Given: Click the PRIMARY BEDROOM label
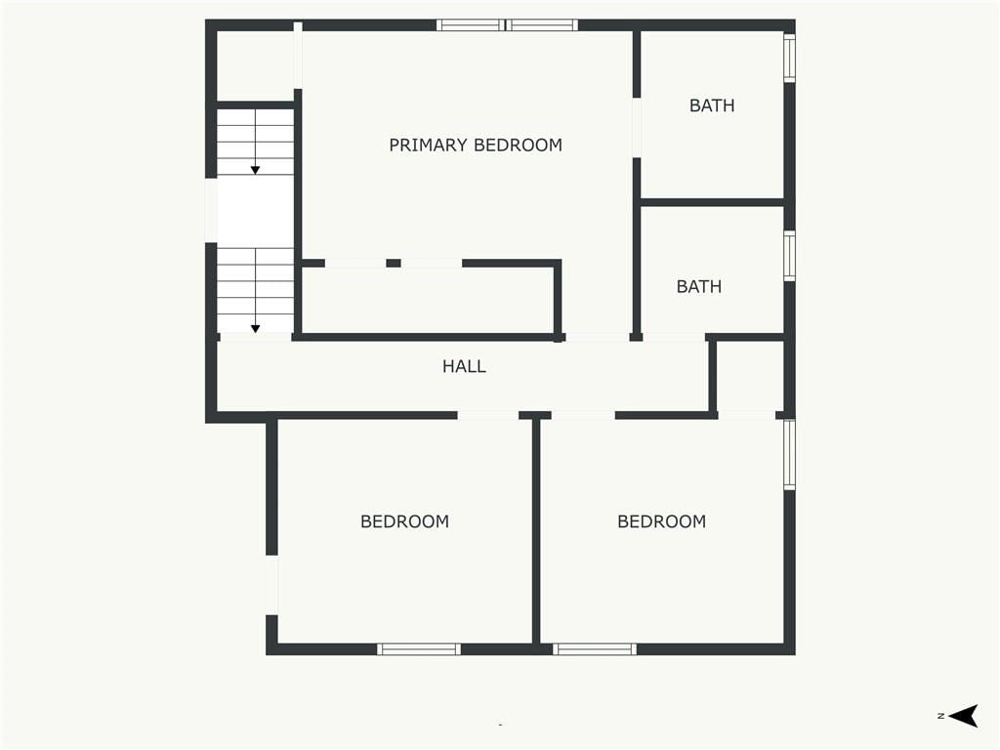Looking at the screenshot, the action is pos(476,146).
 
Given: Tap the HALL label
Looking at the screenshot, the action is pos(464,366).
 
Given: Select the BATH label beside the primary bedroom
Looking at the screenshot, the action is pos(712,105).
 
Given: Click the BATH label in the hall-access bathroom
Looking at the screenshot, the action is pos(699,286).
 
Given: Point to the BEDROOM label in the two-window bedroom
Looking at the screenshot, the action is pos(662,521).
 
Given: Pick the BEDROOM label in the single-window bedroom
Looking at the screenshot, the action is pos(405,521).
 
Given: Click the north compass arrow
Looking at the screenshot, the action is pos(963,716).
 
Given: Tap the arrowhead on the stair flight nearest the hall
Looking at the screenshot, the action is pos(255,329).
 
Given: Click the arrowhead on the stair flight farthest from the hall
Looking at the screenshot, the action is pos(255,170).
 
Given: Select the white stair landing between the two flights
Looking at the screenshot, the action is pos(255,212).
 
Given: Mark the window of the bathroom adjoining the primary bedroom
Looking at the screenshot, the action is pos(789,57).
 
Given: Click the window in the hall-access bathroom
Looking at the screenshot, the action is pos(789,256).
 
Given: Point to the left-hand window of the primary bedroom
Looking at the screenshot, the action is pos(471,25).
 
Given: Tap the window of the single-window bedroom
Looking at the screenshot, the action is pos(418,649).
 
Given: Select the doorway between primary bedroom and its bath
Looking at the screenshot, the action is pos(637,128).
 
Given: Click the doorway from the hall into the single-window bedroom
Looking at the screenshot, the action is pos(488,416).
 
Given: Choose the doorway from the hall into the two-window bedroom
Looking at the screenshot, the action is pos(583,416).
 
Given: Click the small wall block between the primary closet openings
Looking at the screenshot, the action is pos(394,263).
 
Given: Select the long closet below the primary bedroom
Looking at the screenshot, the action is pos(428,300).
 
